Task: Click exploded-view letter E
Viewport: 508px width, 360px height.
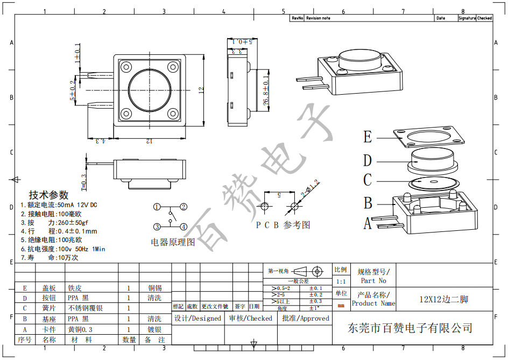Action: (x=368, y=137)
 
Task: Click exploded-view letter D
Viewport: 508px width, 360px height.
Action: (x=368, y=160)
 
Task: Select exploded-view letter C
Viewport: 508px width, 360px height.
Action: (x=368, y=180)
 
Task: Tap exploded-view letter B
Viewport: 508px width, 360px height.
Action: (x=368, y=203)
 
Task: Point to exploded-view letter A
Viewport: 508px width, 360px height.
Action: (x=368, y=223)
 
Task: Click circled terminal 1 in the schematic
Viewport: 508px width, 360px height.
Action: (x=157, y=207)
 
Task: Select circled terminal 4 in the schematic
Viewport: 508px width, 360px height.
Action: (x=184, y=227)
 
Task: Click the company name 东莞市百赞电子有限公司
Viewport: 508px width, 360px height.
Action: (x=411, y=328)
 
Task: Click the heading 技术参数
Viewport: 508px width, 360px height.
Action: (x=49, y=195)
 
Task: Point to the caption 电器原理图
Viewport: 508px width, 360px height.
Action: (x=173, y=242)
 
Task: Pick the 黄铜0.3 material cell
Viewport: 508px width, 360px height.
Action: (x=80, y=329)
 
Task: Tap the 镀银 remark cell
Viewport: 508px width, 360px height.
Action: (x=154, y=329)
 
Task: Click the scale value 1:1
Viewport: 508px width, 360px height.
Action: (x=341, y=281)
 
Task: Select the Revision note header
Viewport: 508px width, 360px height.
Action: (x=318, y=18)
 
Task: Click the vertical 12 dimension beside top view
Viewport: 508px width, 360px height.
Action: (x=201, y=90)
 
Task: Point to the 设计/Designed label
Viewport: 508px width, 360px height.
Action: (x=197, y=318)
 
